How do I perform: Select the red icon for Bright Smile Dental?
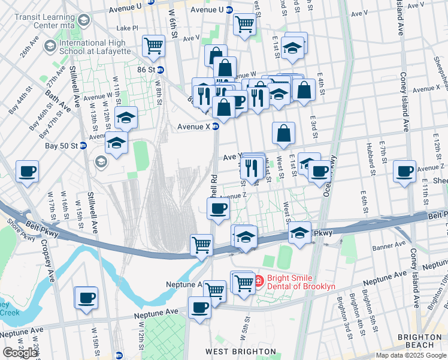click(258, 280)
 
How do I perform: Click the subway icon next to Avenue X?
click(216, 127)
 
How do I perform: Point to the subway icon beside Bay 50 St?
click(83, 146)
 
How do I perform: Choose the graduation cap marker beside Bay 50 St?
click(116, 143)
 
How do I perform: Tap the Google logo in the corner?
click(20, 353)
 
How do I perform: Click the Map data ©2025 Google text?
click(411, 355)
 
